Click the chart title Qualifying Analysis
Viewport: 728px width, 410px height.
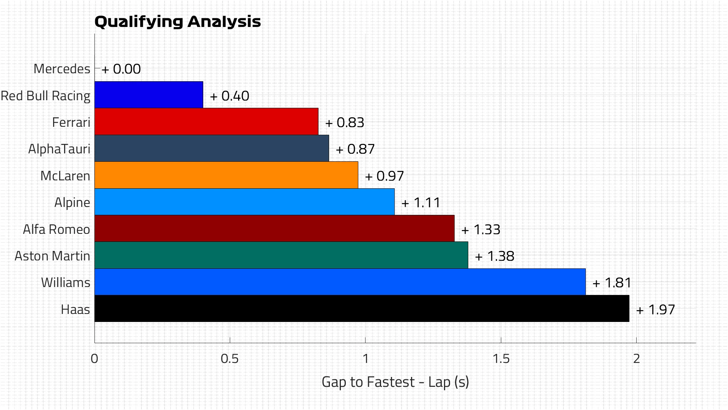click(177, 22)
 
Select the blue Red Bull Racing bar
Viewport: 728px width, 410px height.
click(149, 95)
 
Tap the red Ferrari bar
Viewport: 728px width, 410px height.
click(206, 121)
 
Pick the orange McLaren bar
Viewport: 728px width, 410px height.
click(226, 175)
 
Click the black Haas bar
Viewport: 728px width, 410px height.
click(362, 309)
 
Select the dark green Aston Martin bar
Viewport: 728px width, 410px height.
click(281, 255)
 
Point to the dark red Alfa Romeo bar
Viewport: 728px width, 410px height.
click(274, 229)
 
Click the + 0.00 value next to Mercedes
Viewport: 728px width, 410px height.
click(121, 69)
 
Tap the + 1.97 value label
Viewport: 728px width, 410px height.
click(656, 310)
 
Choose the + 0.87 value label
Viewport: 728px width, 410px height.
click(355, 149)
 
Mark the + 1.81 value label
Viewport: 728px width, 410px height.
click(612, 283)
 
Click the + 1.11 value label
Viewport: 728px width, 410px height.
click(421, 203)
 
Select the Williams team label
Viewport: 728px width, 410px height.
click(66, 283)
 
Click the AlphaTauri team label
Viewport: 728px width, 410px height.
click(59, 149)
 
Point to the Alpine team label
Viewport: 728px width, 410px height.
click(72, 203)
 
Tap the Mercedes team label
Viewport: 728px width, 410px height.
click(62, 69)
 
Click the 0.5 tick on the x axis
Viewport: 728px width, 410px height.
click(230, 359)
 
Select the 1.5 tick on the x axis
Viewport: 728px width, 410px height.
click(501, 359)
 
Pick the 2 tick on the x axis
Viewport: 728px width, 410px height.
click(636, 359)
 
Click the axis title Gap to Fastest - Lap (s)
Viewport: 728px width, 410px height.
click(395, 382)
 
